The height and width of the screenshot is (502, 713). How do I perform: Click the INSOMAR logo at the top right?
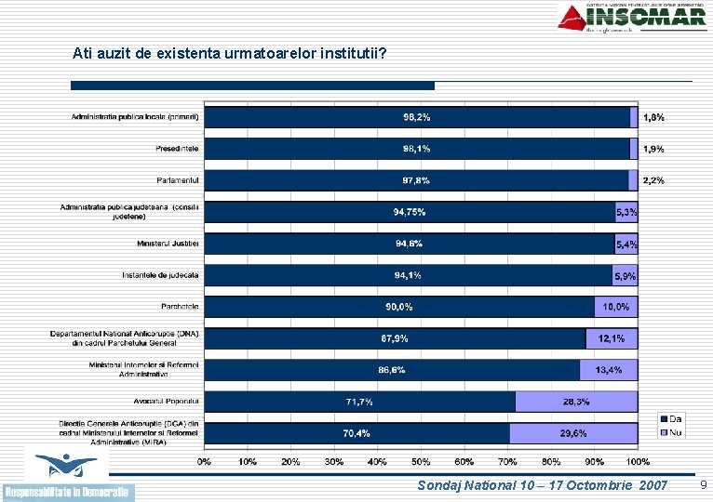[x=632, y=17]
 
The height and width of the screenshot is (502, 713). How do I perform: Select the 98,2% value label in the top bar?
[x=416, y=117]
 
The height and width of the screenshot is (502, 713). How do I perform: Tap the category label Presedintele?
[x=177, y=149]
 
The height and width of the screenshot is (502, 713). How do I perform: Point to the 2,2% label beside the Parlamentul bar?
[x=653, y=180]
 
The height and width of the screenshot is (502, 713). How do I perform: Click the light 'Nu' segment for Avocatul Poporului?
[x=576, y=402]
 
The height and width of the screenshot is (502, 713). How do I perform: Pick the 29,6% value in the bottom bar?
[x=573, y=433]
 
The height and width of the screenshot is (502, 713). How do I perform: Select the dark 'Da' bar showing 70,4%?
[x=356, y=433]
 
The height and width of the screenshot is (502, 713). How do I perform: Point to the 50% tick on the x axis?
[x=421, y=461]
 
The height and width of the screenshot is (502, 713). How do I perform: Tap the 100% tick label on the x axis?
[x=638, y=461]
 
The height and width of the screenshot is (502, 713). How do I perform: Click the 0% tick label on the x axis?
[x=204, y=461]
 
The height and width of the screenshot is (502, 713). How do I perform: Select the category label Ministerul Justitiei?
[x=168, y=244]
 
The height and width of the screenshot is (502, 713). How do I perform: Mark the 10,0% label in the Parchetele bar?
[x=615, y=307]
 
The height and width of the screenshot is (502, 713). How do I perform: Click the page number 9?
[x=703, y=485]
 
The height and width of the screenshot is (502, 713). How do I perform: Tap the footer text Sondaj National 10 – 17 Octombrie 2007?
[x=543, y=485]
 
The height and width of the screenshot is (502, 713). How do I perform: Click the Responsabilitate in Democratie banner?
[x=68, y=491]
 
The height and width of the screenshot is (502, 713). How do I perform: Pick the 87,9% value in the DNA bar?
[x=394, y=338]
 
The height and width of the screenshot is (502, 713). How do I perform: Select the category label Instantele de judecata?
[x=160, y=275]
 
